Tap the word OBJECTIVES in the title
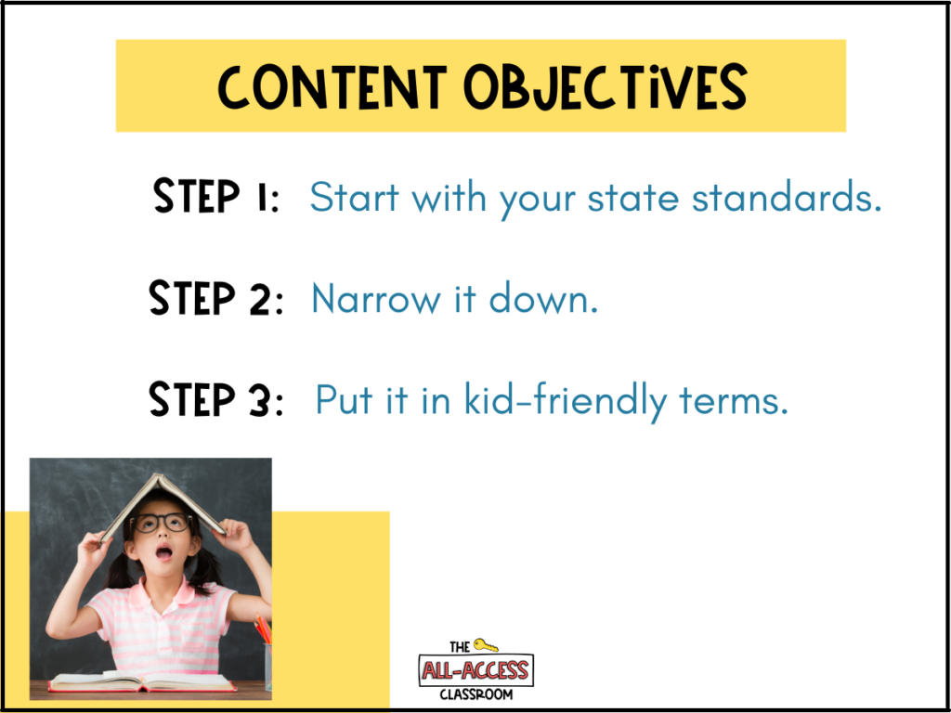(605, 88)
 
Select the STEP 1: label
(215, 195)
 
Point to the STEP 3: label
(215, 399)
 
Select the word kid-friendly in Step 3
(566, 400)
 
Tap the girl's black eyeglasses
(161, 522)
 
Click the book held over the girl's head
(163, 507)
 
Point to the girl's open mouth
(164, 552)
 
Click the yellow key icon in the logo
(486, 645)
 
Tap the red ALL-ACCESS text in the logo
(476, 670)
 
